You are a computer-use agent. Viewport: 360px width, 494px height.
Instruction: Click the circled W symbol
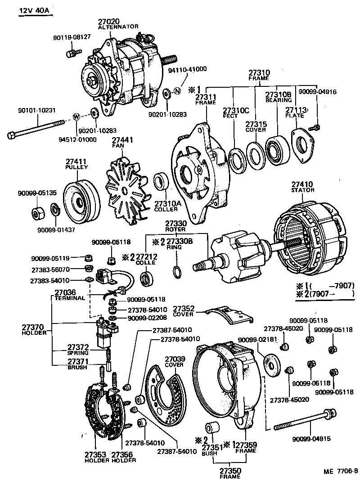pyautogui.click(x=76, y=117)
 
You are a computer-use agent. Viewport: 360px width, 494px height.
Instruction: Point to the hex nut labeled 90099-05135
pyautogui.click(x=37, y=212)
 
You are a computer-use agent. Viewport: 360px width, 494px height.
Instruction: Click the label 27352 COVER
pyautogui.click(x=184, y=311)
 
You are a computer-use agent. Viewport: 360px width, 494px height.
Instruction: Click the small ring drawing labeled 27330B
pyautogui.click(x=178, y=271)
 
